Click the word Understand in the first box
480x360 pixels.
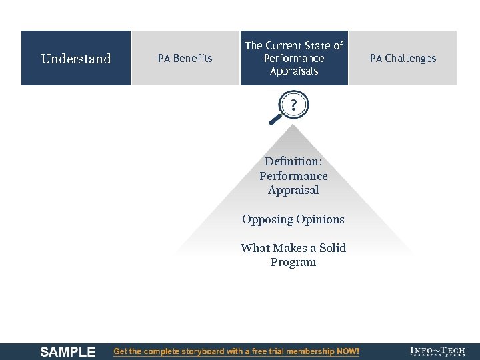click(76, 59)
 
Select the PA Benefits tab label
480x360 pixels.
click(185, 59)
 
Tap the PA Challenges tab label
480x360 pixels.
click(403, 59)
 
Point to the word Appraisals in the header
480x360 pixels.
click(294, 71)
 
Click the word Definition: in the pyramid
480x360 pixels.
click(293, 161)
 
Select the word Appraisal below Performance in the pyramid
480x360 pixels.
click(293, 190)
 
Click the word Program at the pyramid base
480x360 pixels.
click(293, 262)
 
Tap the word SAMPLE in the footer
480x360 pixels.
click(67, 351)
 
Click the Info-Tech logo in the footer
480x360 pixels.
click(437, 351)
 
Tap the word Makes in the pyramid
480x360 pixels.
click(283, 248)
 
